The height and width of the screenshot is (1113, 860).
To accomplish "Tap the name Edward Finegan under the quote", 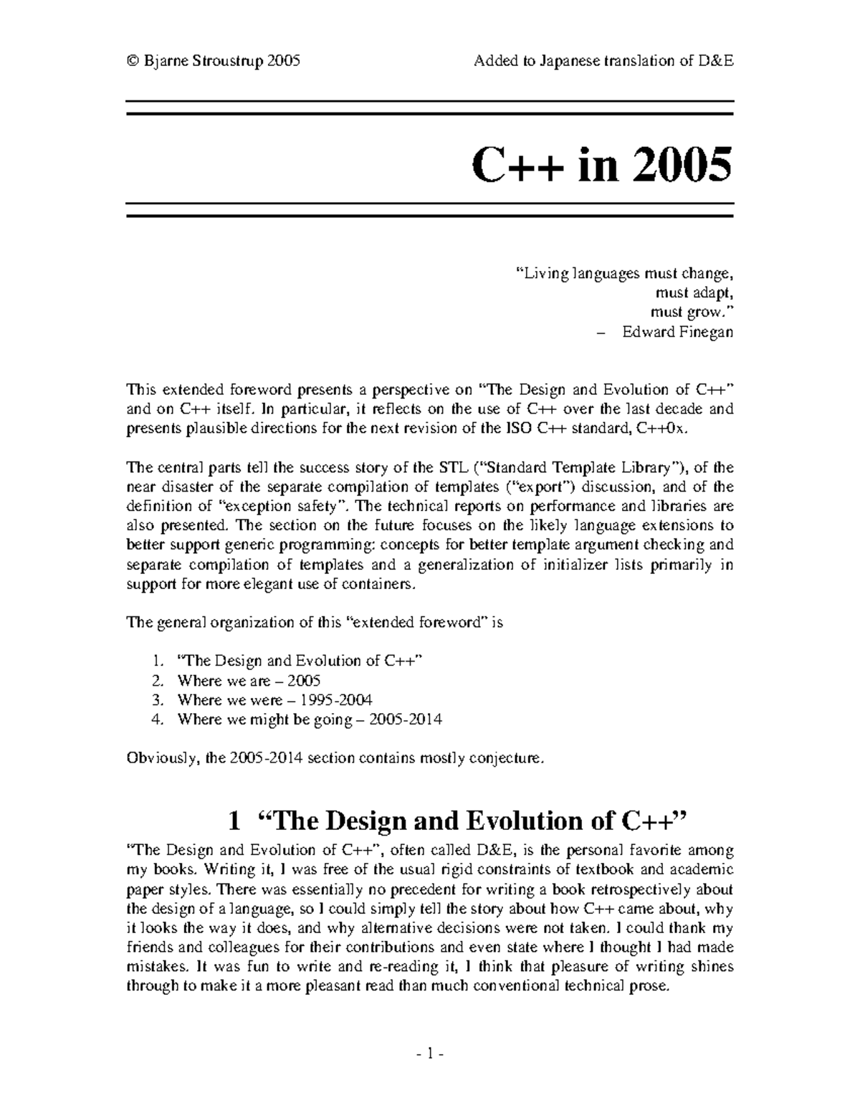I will tap(677, 332).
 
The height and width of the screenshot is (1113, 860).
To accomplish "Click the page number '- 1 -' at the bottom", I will tap(430, 1054).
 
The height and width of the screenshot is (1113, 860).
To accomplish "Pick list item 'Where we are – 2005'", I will tap(249, 680).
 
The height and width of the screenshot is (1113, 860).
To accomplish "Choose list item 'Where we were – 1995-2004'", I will tap(274, 699).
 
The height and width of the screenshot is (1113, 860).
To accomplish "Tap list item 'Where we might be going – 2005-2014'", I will tap(310, 719).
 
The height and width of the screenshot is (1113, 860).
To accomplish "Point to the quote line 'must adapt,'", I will tap(694, 292).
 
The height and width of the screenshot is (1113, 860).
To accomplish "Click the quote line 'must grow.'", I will tap(692, 312).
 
